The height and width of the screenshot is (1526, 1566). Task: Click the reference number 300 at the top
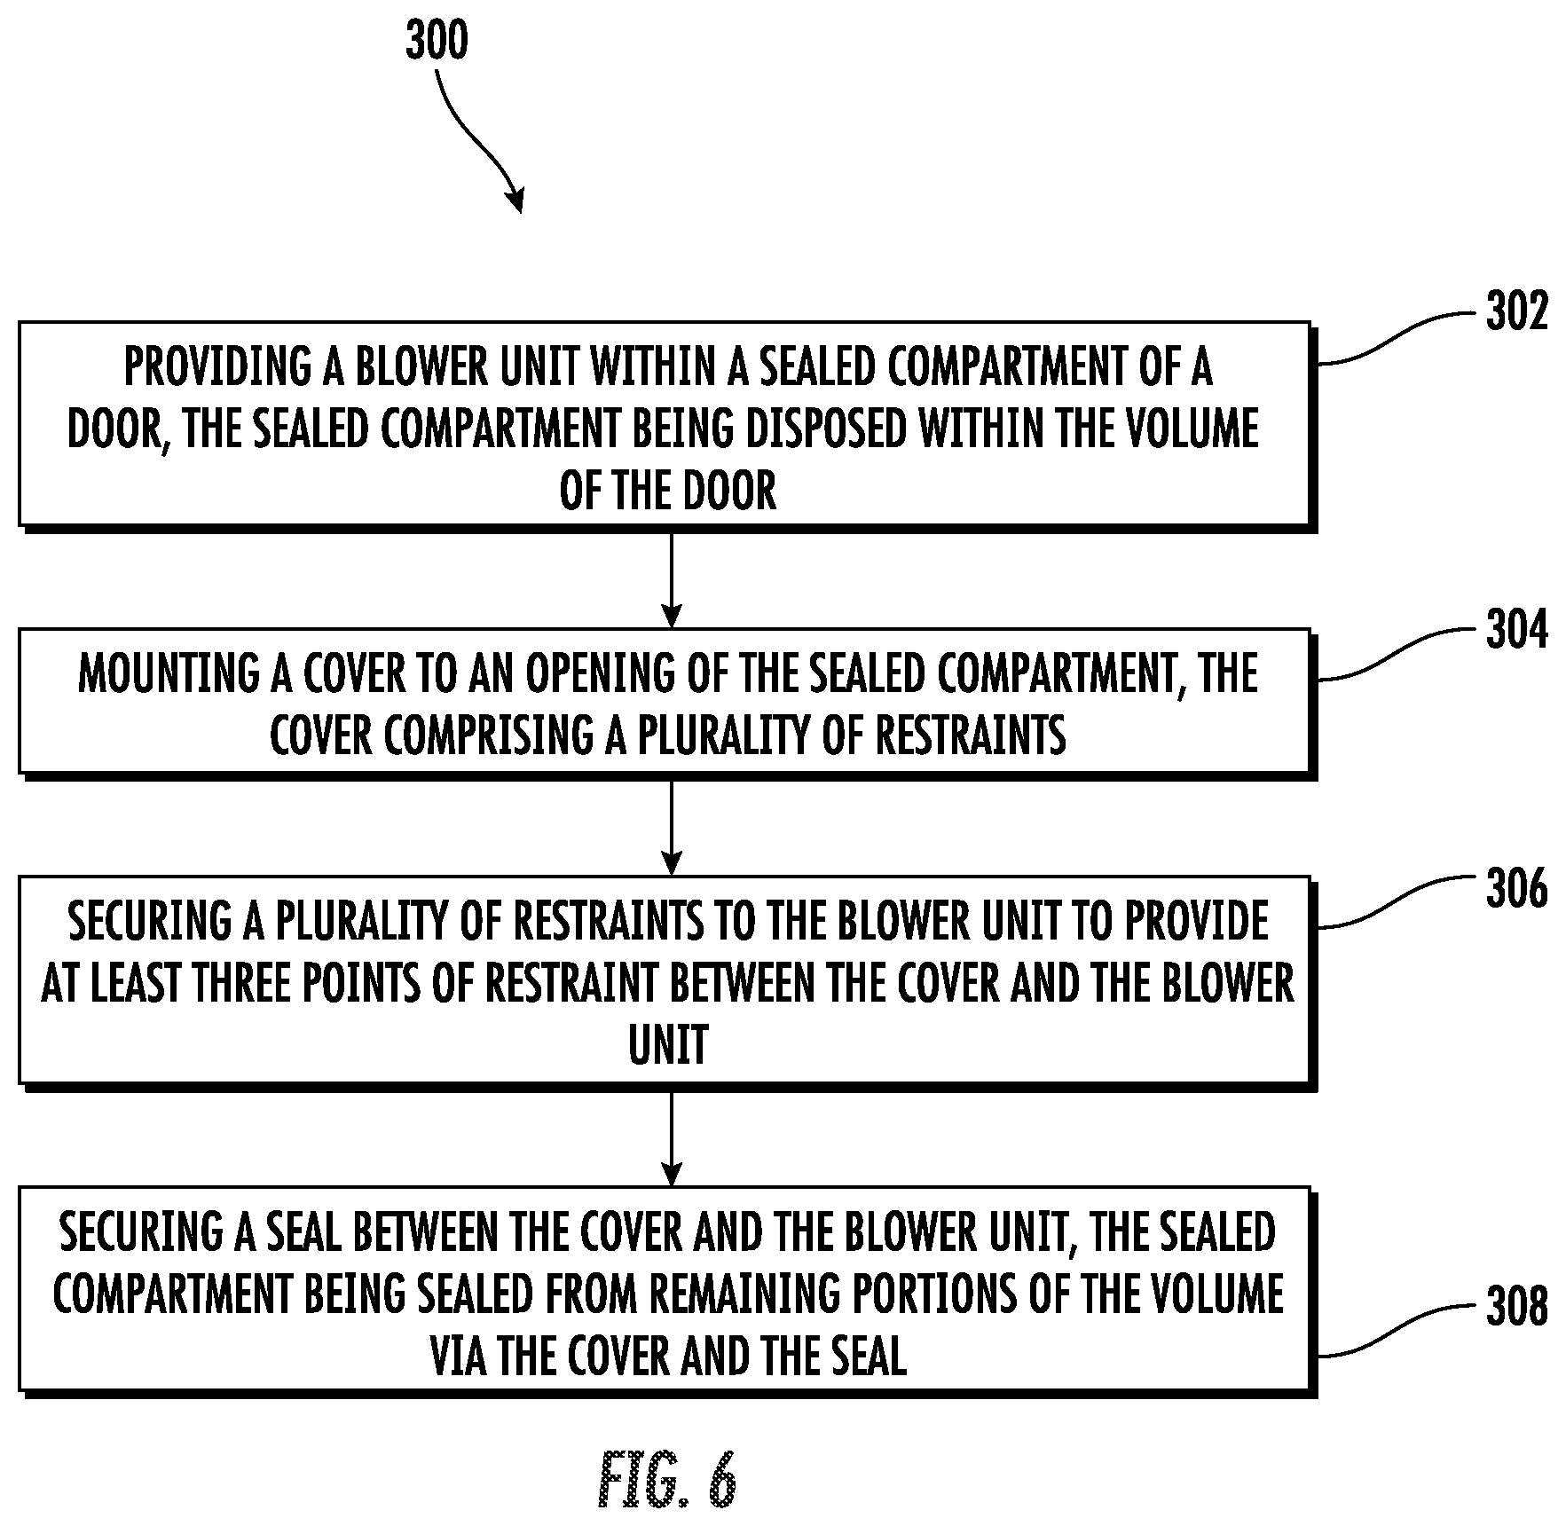[x=437, y=41]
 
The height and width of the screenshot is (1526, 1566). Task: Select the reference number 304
[x=1516, y=631]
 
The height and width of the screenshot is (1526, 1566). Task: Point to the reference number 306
[x=1516, y=888]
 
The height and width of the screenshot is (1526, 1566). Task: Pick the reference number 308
[x=1516, y=1307]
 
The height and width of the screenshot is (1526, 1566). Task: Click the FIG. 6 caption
[x=667, y=1480]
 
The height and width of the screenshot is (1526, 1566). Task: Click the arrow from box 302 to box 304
[x=672, y=579]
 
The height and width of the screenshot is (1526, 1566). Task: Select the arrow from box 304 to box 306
[x=672, y=827]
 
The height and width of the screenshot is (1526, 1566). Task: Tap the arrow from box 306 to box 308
[x=672, y=1138]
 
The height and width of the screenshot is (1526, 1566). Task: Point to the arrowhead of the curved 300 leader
[x=515, y=202]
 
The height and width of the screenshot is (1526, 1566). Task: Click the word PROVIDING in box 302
[x=217, y=366]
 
